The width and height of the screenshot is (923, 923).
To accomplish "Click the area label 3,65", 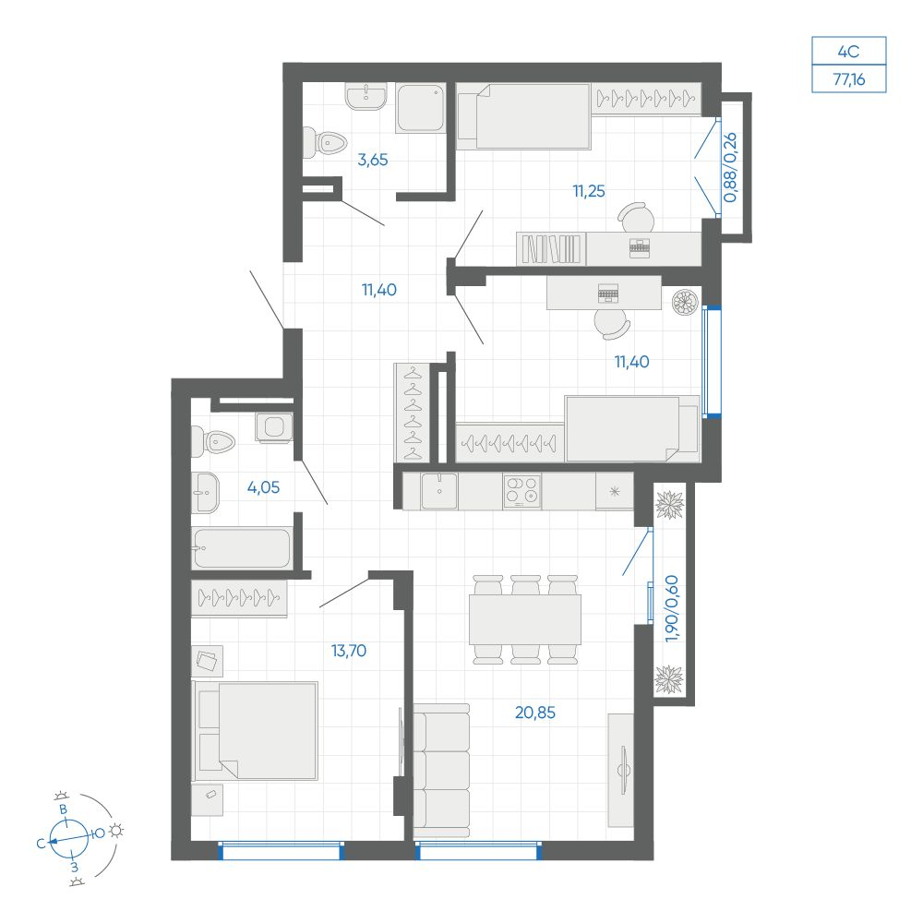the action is [373, 160].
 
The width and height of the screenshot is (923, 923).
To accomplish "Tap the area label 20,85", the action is [535, 713].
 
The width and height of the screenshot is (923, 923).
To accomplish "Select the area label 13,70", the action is [349, 651].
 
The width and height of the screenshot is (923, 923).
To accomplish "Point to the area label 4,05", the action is [263, 487].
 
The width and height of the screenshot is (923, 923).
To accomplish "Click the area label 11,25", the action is [589, 191].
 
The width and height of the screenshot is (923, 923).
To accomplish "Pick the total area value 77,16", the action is [849, 78].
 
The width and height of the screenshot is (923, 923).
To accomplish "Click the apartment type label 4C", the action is [848, 52].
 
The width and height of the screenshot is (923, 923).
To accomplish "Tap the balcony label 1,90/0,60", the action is [672, 608].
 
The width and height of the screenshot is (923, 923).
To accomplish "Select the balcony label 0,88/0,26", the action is [730, 168].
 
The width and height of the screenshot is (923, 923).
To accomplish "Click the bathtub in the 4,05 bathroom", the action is [242, 548].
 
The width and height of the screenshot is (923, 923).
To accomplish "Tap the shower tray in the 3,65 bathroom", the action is [420, 108].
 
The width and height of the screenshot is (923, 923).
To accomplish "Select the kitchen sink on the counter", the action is [438, 491].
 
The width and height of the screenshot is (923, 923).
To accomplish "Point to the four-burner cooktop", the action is [522, 491].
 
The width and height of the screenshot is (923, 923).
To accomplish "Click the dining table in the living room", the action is [525, 619].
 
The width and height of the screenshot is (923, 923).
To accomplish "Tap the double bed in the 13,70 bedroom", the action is [255, 731].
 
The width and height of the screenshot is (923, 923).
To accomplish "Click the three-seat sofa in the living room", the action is [441, 771].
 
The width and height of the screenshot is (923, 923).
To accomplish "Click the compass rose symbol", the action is [69, 838].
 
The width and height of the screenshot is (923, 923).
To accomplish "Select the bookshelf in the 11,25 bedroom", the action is [551, 249].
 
